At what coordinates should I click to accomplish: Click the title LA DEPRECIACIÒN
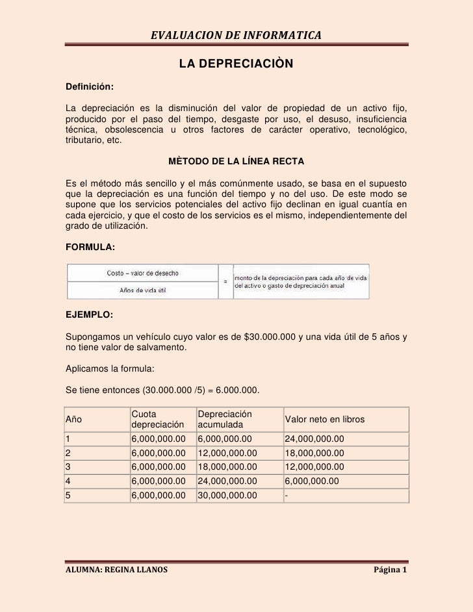(236, 65)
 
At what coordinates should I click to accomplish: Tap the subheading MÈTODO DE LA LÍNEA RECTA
(236, 160)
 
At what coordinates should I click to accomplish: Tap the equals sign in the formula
(225, 281)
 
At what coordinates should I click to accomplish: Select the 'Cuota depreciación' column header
(155, 420)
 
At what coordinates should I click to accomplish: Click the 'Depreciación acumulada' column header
(225, 420)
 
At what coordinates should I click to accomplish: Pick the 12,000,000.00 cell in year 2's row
(227, 453)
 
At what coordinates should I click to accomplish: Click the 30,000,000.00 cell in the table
(227, 496)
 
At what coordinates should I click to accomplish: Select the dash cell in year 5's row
(287, 496)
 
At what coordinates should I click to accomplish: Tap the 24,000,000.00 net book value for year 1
(314, 439)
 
